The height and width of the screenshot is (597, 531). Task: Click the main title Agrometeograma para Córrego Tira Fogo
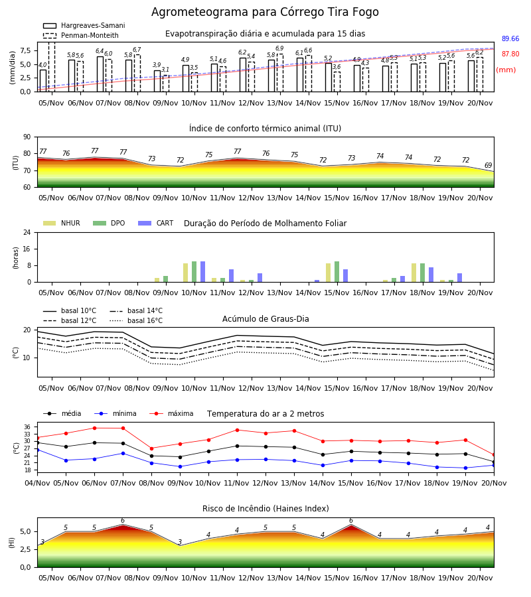pos(265,12)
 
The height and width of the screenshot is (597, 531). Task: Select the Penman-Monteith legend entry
pos(81,35)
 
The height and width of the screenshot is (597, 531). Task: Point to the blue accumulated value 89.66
pos(510,39)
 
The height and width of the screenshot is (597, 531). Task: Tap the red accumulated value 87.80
pos(510,54)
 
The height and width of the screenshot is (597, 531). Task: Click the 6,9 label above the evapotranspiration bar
pos(279,48)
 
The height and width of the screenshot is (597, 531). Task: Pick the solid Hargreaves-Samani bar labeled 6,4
pos(100,74)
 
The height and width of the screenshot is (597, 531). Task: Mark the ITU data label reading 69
pos(488,165)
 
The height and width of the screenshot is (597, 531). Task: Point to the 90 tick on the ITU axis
pos(27,137)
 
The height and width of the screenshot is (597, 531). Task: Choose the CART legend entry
pos(156,223)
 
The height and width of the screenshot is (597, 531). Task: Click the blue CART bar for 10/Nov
pos(202,272)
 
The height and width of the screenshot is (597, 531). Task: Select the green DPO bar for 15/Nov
pos(337,272)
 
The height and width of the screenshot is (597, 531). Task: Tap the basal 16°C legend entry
pos(136,321)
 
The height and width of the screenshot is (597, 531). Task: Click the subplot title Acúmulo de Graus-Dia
pos(265,319)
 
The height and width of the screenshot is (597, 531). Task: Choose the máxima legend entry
pos(172,413)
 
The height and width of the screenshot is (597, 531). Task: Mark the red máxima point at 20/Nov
pos(494,455)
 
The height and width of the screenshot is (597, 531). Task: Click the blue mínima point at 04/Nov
pos(37,450)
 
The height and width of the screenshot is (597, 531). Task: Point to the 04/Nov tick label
pos(37,483)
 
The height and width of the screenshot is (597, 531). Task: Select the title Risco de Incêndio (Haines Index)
pos(265,509)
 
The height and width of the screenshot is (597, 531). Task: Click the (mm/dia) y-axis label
pos(12,67)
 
